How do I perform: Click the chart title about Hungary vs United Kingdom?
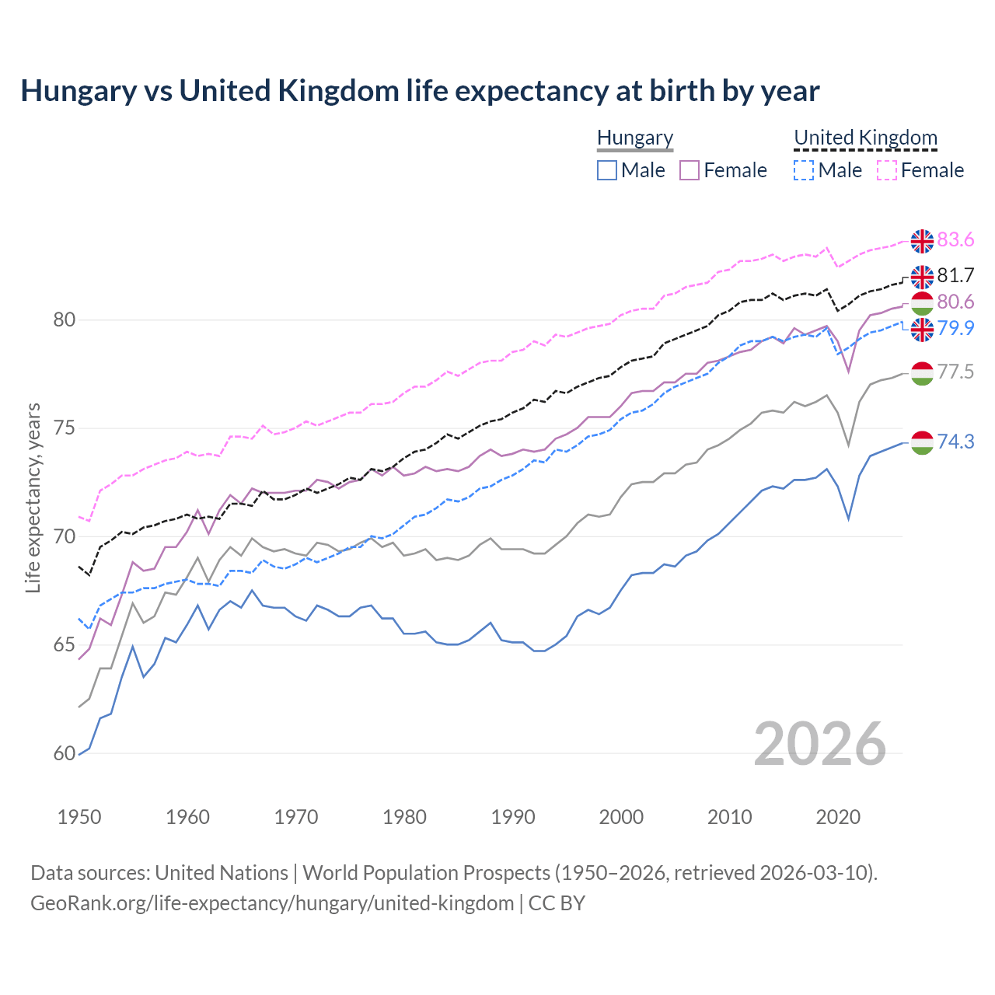420,91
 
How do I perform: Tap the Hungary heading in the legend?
635,138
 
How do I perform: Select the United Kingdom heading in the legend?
865,138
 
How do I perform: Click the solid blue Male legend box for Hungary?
607,170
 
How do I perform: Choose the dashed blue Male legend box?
804,170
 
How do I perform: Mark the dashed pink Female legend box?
887,170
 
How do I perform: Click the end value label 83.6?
955,240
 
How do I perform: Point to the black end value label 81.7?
955,275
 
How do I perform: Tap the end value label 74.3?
955,442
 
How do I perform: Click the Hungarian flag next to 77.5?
922,373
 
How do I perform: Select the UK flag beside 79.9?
922,329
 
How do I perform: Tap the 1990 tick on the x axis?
513,817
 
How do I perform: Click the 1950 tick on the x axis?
79,817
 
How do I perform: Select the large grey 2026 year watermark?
819,745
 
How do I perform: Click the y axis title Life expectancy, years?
33,497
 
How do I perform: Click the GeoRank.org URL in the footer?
272,903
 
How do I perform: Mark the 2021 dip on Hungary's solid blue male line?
848,518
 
